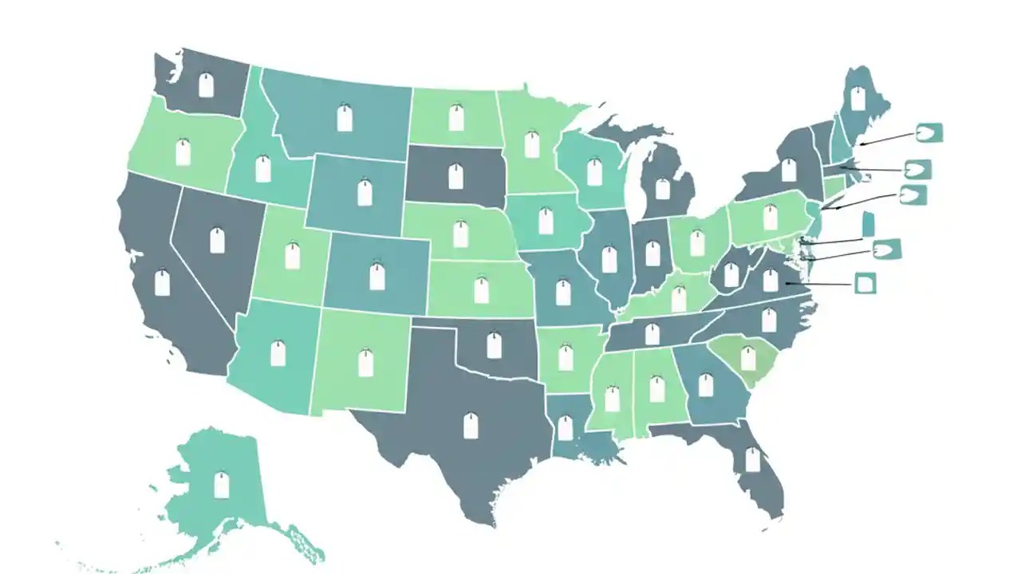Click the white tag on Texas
pyautogui.click(x=471, y=427)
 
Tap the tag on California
pyautogui.click(x=163, y=282)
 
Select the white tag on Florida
pyautogui.click(x=752, y=459)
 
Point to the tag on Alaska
pyautogui.click(x=222, y=484)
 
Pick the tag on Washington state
pyautogui.click(x=206, y=85)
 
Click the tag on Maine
pyautogui.click(x=858, y=98)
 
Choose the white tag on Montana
pyautogui.click(x=345, y=118)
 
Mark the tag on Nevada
pyautogui.click(x=217, y=240)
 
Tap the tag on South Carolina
pyautogui.click(x=748, y=359)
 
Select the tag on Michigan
pyautogui.click(x=662, y=188)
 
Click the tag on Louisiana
pyautogui.click(x=565, y=428)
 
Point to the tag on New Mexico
pyautogui.click(x=365, y=363)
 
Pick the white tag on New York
pyautogui.click(x=789, y=170)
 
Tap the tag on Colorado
pyautogui.click(x=377, y=277)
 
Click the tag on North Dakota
pyautogui.click(x=456, y=117)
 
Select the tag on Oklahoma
pyautogui.click(x=494, y=345)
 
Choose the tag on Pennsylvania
pyautogui.click(x=771, y=217)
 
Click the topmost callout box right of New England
pyautogui.click(x=929, y=132)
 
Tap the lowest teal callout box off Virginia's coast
pyautogui.click(x=865, y=283)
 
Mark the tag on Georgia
pyautogui.click(x=705, y=385)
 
